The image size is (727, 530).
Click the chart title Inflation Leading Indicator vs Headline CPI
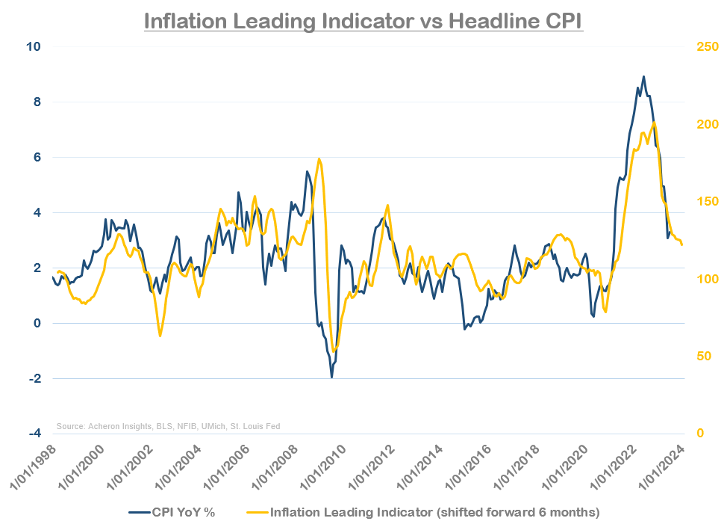[363, 20]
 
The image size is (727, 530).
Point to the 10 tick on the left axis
[34, 46]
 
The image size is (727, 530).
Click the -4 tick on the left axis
[33, 434]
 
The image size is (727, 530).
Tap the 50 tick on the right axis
[695, 357]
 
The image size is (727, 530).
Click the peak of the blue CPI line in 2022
[643, 76]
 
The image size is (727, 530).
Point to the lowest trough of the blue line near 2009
[331, 377]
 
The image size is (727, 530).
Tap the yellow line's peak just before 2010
[319, 158]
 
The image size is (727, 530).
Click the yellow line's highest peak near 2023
[654, 123]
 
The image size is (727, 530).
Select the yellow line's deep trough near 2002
[160, 336]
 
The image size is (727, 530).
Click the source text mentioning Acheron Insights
[168, 426]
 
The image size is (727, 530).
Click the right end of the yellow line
[681, 245]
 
